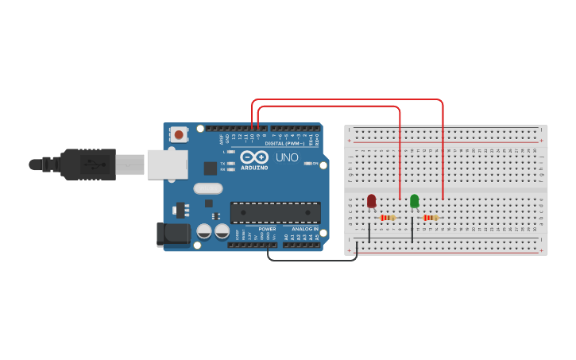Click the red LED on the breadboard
click(371, 201)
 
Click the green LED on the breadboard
click(414, 201)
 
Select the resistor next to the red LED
click(387, 218)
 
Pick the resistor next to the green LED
click(430, 218)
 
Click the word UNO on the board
click(287, 157)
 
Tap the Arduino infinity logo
click(253, 157)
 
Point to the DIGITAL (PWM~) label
click(284, 144)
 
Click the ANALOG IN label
click(304, 229)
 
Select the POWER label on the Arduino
click(266, 229)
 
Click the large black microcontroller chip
click(275, 212)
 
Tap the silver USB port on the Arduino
click(166, 164)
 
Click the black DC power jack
click(174, 234)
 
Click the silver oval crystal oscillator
click(207, 189)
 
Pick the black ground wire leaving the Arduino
click(310, 259)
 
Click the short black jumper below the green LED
click(412, 230)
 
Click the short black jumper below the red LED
click(369, 233)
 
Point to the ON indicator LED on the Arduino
click(306, 164)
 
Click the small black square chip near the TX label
click(210, 168)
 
